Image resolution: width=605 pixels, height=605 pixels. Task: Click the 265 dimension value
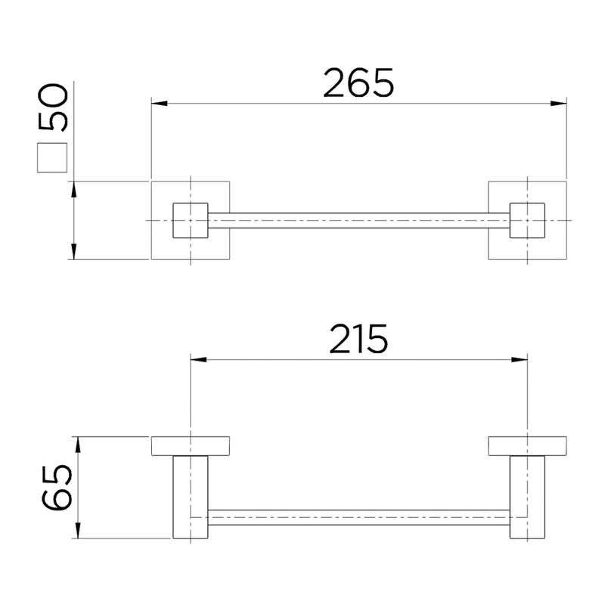(x=358, y=82)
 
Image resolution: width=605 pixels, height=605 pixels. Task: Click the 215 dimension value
(x=358, y=339)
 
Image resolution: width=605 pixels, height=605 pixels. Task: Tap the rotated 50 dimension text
(x=53, y=107)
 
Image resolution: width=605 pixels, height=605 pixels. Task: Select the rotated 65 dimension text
(x=56, y=487)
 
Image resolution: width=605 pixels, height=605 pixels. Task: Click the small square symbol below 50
(x=52, y=157)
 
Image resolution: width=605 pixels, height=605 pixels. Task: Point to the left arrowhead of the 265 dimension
(x=160, y=104)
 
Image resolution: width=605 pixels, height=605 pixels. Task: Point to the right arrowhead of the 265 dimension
(x=558, y=104)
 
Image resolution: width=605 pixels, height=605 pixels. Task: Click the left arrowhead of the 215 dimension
(x=199, y=360)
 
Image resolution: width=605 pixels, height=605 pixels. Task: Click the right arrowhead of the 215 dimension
(x=519, y=360)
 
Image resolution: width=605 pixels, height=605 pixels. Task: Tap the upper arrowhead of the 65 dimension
(x=78, y=445)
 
